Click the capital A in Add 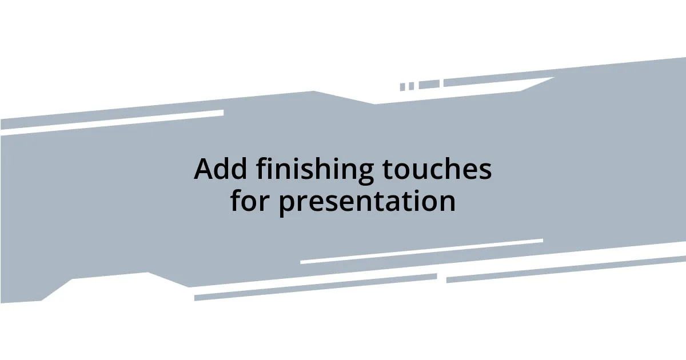pos(205,169)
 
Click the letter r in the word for pos(265,202)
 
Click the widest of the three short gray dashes pos(429,85)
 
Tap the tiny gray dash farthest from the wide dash pos(402,87)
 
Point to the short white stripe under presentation pos(421,251)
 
